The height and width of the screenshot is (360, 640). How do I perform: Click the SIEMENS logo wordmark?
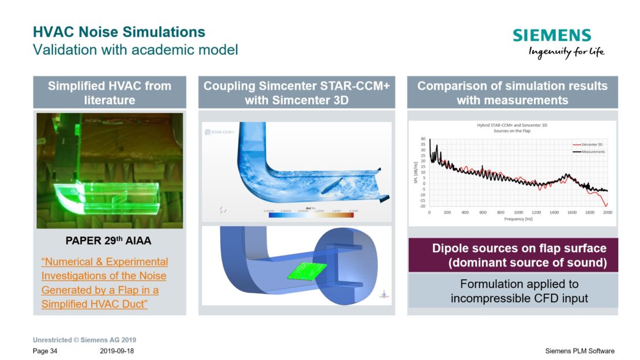[x=552, y=36]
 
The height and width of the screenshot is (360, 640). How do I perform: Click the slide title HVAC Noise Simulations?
[x=119, y=31]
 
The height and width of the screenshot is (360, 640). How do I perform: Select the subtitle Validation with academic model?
[x=135, y=50]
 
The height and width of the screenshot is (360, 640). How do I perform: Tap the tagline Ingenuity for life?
[x=566, y=52]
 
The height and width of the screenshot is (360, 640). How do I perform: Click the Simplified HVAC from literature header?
[x=110, y=93]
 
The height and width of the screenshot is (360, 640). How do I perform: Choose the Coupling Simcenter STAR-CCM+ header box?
[x=296, y=93]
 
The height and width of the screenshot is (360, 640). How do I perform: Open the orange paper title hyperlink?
[x=104, y=283]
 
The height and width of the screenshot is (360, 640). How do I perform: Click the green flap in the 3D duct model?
[x=304, y=271]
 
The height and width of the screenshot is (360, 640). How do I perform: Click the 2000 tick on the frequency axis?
[x=607, y=212]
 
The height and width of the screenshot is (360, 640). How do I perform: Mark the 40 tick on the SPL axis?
[x=423, y=139]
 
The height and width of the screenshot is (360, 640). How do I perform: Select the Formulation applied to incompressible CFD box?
[x=513, y=291]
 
